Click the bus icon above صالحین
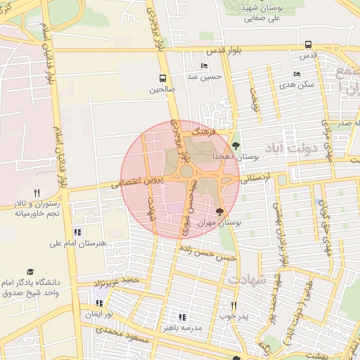[x=163, y=79]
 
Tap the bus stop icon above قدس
[x=308, y=44]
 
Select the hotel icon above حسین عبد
[x=205, y=66]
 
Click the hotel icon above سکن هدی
[x=297, y=74]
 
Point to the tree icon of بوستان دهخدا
[x=236, y=146]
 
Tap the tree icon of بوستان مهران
[x=219, y=211]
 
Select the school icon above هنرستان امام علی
[x=77, y=231]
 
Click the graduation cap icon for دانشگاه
[x=30, y=271]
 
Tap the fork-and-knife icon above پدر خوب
[x=234, y=305]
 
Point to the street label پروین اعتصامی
[x=136, y=183]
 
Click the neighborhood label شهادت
[x=247, y=279]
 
